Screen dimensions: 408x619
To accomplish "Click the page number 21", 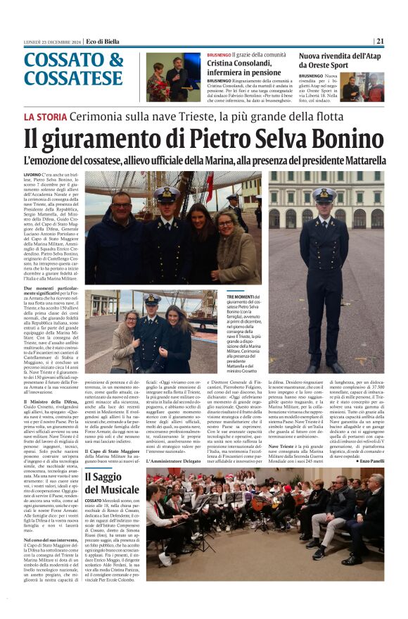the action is [379, 41].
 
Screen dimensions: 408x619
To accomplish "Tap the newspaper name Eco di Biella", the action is [105, 41].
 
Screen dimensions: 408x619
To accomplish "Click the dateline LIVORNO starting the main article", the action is [32, 174].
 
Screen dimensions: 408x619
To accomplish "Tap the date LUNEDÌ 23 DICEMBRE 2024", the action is [51, 41].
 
